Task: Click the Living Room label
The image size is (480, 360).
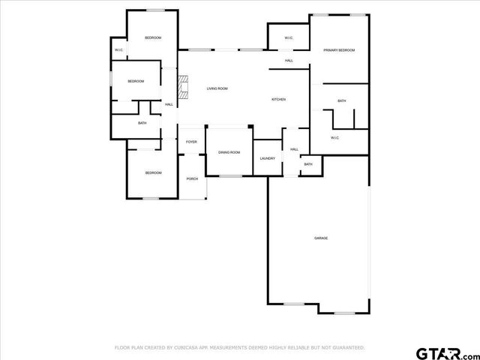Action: point(217,88)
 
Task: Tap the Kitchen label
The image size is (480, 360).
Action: point(278,99)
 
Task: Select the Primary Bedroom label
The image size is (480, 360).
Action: point(339,50)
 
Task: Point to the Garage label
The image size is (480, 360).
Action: point(321,238)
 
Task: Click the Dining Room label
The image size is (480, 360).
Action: point(229,152)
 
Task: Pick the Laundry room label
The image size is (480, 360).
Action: point(267,158)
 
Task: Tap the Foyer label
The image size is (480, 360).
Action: point(192,142)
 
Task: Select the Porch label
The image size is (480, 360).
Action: point(192,178)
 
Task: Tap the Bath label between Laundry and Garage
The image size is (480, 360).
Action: point(307,164)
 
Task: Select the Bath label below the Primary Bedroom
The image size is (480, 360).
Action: point(341,100)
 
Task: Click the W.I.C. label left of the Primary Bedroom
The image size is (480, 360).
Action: point(289,38)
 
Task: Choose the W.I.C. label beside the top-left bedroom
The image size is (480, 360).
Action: point(118,50)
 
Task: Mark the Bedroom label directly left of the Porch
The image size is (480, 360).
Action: point(153,172)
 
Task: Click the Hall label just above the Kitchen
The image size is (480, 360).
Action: point(289,60)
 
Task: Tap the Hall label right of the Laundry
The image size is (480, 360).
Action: point(294,149)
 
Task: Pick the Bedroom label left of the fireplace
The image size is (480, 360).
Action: point(135,81)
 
